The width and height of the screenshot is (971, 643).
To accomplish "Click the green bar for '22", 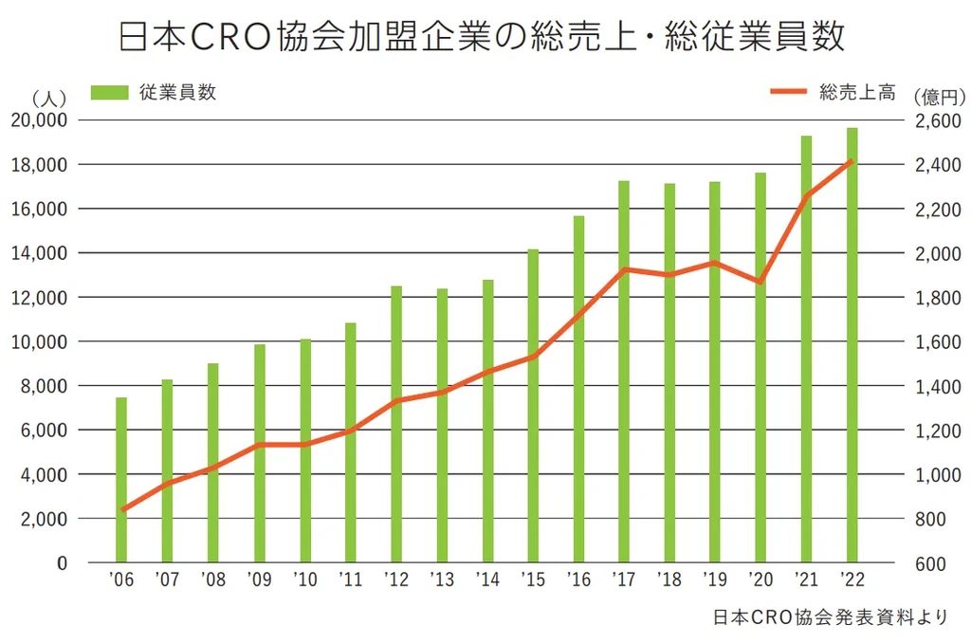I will click(x=852, y=345).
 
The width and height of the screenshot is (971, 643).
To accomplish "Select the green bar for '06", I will click(x=121, y=480).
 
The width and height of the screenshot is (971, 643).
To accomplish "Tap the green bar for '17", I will click(x=624, y=372).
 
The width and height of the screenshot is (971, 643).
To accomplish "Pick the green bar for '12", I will click(x=396, y=424).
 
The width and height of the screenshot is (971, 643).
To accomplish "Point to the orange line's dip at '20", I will click(x=760, y=282).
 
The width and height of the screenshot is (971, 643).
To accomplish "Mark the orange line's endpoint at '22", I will click(x=852, y=160).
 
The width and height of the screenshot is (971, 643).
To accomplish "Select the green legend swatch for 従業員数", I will click(x=109, y=93).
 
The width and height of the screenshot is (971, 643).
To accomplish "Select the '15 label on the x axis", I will click(x=533, y=579).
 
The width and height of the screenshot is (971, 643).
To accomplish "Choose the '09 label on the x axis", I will click(x=259, y=579).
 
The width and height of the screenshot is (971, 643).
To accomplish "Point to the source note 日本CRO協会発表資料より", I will click(x=830, y=617).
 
